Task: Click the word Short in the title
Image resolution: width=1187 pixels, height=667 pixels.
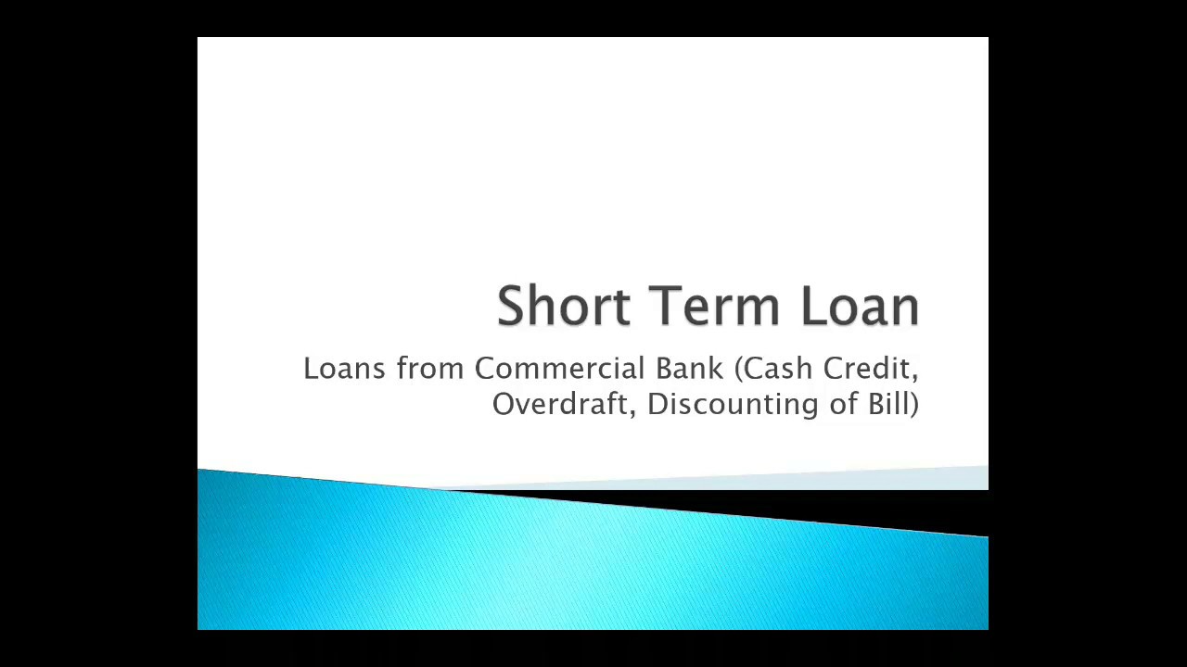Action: (564, 306)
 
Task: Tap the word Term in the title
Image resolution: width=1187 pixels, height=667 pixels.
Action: (714, 306)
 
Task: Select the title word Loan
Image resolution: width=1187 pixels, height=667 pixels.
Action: (860, 306)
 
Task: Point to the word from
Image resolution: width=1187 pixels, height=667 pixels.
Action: (430, 369)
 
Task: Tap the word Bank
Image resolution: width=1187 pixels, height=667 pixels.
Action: (689, 369)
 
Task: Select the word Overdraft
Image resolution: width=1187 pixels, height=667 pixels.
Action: (560, 404)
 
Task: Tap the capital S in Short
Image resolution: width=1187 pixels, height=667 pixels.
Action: (511, 306)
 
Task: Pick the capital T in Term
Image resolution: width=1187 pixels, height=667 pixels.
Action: (664, 306)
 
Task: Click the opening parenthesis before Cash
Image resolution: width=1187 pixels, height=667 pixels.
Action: (739, 370)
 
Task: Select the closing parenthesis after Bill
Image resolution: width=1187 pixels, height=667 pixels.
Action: (915, 405)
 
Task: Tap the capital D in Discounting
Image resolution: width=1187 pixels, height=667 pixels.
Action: (656, 404)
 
